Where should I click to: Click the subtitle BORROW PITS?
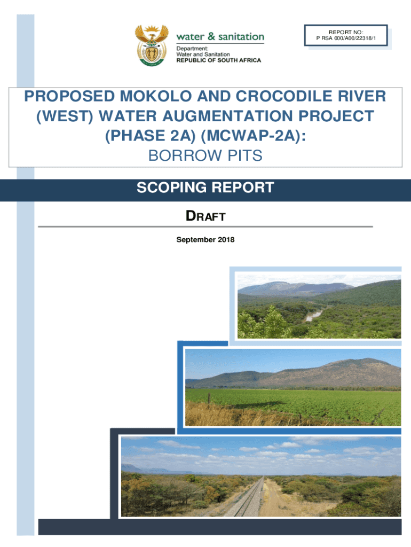tap(205, 155)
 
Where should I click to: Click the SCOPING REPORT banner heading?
tap(205, 188)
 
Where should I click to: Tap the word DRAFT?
tap(205, 216)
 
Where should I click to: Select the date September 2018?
tap(205, 240)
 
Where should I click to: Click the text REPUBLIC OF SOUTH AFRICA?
tap(219, 60)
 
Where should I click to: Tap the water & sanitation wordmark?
tap(220, 37)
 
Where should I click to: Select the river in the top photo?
tap(315, 315)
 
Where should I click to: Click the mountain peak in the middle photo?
tap(368, 363)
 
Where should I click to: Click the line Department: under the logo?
tap(193, 49)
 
